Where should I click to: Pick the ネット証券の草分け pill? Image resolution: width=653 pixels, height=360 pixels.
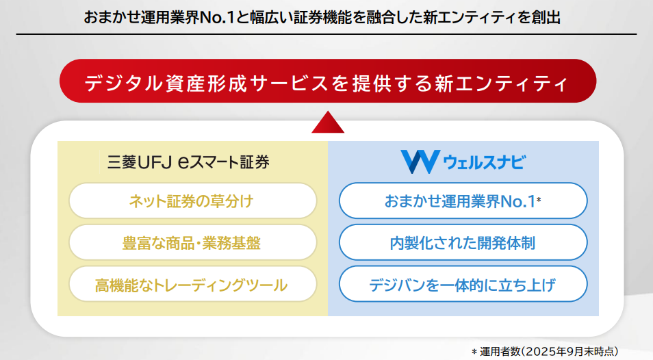[x=192, y=201]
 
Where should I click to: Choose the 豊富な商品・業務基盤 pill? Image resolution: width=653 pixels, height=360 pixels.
[x=192, y=243]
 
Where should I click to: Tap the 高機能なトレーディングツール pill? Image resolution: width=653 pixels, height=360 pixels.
[x=192, y=285]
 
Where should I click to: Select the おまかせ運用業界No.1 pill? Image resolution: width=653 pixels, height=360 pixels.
[x=463, y=201]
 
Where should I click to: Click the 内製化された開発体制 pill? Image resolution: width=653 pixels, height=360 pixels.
[x=463, y=243]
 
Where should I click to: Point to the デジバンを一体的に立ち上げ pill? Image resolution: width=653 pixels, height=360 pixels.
[x=463, y=285]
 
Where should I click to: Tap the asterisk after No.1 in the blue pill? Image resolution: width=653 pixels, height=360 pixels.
[x=539, y=200]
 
